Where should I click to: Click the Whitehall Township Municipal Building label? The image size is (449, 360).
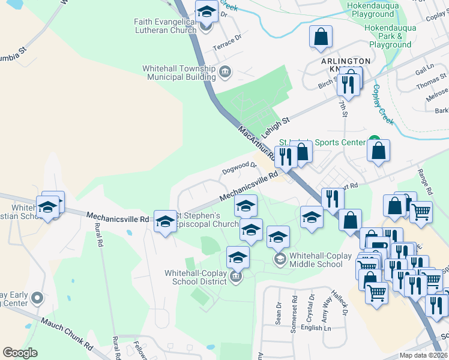[179, 73]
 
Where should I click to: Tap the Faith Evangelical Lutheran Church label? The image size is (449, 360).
[165, 26]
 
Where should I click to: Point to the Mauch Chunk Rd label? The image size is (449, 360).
[66, 333]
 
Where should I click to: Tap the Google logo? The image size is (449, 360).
[20, 352]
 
